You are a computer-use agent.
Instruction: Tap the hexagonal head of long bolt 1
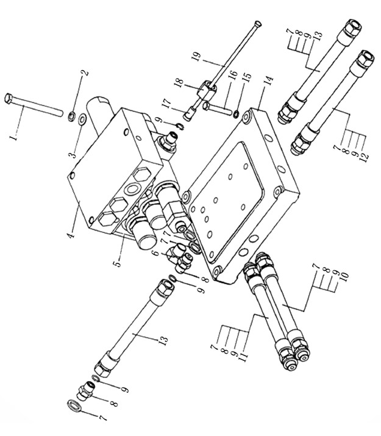[9, 98]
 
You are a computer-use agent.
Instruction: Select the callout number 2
[85, 73]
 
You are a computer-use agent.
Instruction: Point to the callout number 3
[73, 154]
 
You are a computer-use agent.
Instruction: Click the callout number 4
[71, 235]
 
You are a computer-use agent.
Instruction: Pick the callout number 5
[118, 263]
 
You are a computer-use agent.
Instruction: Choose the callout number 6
[156, 253]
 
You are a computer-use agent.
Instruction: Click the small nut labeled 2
[71, 115]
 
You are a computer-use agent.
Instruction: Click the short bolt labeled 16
[217, 109]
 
